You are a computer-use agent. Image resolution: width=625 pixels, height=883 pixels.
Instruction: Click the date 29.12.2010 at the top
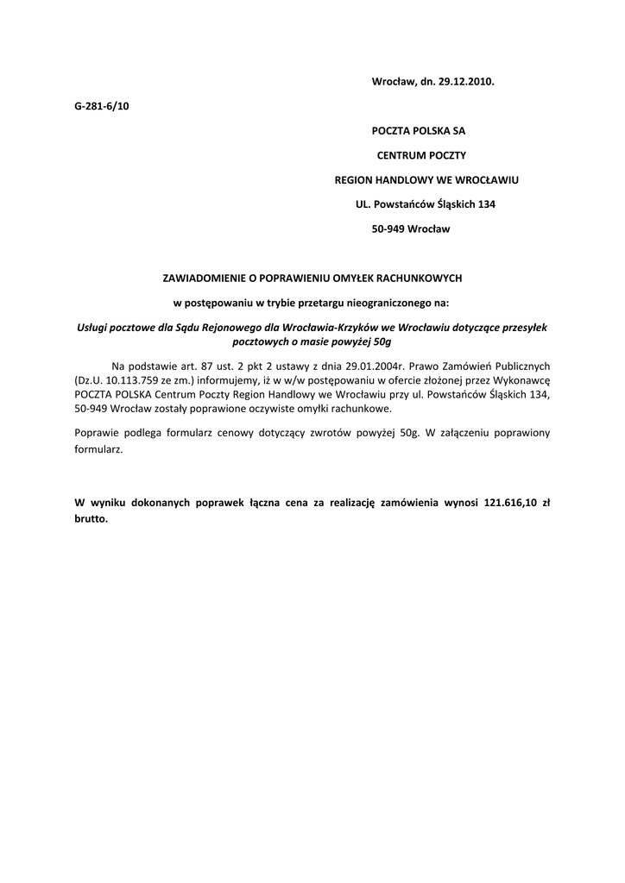pyautogui.click(x=467, y=81)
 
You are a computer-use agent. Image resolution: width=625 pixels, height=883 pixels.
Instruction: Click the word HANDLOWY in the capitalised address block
pyautogui.click(x=409, y=180)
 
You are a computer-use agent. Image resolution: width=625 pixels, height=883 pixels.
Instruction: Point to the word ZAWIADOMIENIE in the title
pyautogui.click(x=205, y=278)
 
